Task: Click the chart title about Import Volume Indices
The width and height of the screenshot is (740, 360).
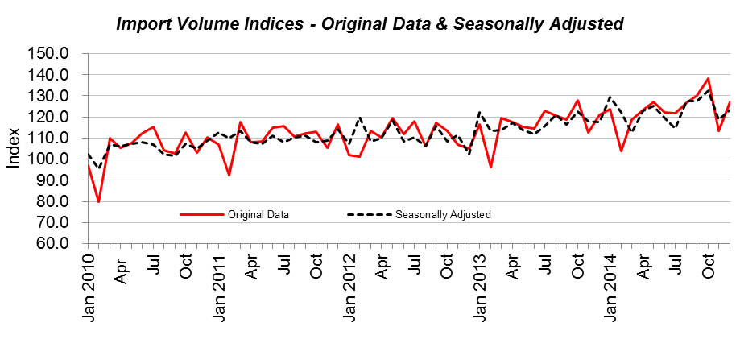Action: click(x=370, y=24)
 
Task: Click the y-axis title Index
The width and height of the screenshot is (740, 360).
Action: click(x=14, y=149)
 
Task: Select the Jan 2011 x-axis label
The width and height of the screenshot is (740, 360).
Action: click(x=218, y=288)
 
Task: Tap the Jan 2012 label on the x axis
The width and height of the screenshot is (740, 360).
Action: click(x=349, y=288)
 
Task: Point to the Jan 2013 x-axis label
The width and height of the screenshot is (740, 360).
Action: click(x=479, y=288)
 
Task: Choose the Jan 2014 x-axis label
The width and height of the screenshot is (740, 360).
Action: click(x=610, y=288)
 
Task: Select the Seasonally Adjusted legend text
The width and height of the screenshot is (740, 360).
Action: click(x=443, y=215)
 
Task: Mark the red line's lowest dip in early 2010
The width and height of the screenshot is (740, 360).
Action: click(x=98, y=201)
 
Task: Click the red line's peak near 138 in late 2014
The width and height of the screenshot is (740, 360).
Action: click(x=708, y=79)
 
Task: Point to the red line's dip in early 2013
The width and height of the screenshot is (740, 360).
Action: click(x=490, y=167)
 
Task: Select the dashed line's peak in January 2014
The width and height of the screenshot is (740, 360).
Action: click(x=610, y=97)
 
